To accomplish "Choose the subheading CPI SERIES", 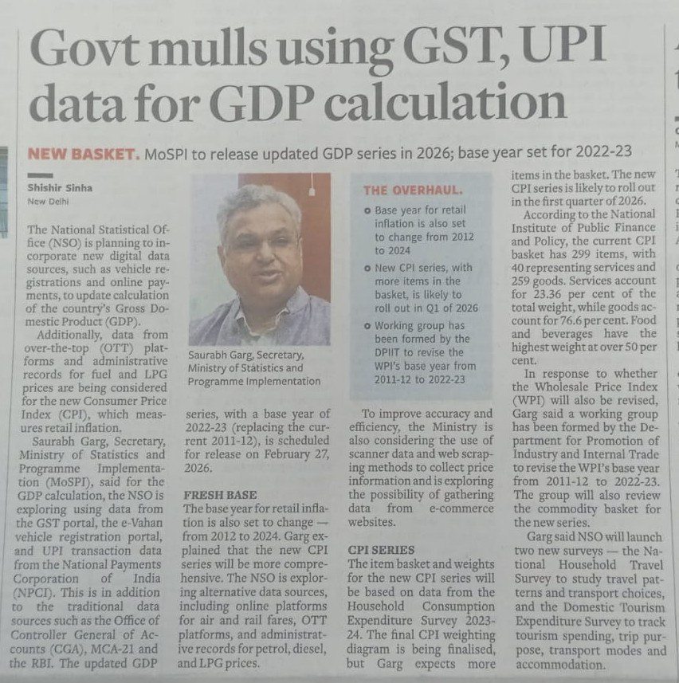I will [381, 550].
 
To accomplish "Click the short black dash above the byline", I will [40, 175].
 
